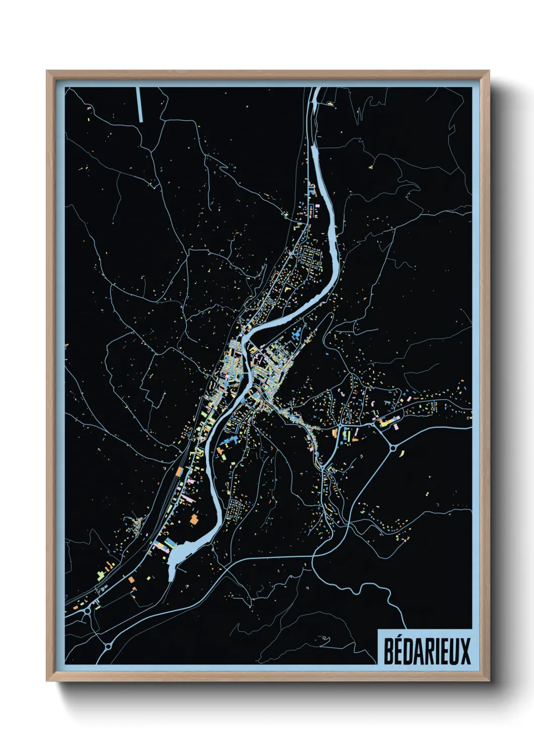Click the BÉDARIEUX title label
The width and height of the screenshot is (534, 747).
click(426, 651)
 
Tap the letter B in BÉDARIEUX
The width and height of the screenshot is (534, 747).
click(389, 652)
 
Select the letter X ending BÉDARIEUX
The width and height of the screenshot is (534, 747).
click(464, 652)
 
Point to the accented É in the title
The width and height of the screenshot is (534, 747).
click(400, 650)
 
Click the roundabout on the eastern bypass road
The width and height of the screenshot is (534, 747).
click(393, 447)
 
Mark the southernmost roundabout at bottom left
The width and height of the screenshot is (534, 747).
click(107, 646)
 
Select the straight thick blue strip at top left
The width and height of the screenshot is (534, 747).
click(139, 104)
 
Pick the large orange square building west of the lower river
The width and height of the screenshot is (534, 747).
click(193, 518)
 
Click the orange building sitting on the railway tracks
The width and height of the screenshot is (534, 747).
click(179, 472)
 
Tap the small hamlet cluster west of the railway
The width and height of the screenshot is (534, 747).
click(135, 525)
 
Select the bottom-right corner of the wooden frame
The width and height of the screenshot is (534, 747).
click(488, 680)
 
